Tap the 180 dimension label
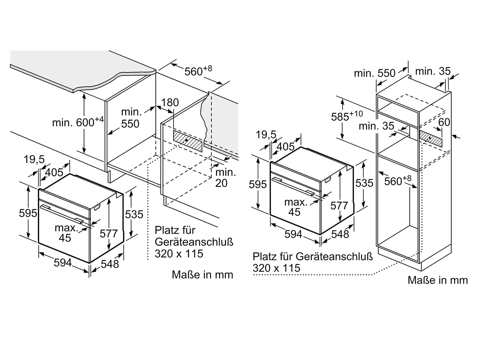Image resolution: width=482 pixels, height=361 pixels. coord(170,102)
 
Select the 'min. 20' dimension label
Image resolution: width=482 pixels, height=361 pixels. coord(225,178)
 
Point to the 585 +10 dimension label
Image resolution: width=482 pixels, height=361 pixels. coord(347,116)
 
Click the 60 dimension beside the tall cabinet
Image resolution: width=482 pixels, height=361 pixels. coord(444,122)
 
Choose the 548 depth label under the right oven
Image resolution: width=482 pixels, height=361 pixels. coord(340,234)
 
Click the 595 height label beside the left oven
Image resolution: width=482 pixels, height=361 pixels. coord(28,213)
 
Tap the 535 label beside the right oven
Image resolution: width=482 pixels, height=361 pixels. coord(364,183)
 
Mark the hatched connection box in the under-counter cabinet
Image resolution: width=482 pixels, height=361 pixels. coord(188,141)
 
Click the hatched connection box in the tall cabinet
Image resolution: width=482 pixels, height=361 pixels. coord(430,138)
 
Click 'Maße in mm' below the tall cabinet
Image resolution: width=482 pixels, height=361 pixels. coord(438,280)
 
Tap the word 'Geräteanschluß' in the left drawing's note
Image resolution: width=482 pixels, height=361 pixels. coord(194,242)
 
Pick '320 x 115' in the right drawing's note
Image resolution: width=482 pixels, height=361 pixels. coord(277,268)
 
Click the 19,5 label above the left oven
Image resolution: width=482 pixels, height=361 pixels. coord(34,159)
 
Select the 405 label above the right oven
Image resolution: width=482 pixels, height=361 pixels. coord(286,147)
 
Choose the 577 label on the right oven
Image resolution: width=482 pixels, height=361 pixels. coord(339,205)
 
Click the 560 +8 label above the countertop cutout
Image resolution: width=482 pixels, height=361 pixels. coord(198,71)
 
